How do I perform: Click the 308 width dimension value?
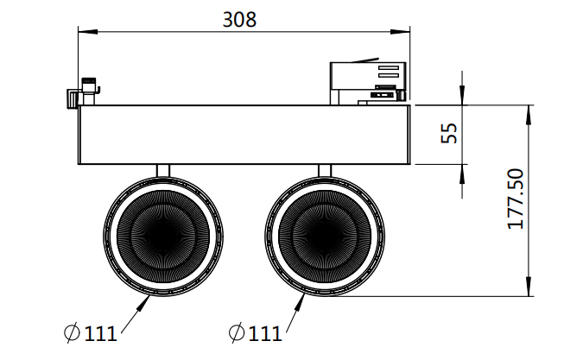click(x=239, y=20)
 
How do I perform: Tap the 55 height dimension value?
click(x=449, y=133)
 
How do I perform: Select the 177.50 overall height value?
click(x=516, y=199)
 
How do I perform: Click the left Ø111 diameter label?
click(x=91, y=333)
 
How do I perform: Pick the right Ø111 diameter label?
click(x=255, y=333)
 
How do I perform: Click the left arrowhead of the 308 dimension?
click(x=88, y=32)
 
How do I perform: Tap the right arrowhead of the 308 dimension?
click(x=401, y=32)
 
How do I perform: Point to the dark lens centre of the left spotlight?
click(x=163, y=237)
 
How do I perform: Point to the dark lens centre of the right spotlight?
click(x=325, y=237)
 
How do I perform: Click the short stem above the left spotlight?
click(x=163, y=171)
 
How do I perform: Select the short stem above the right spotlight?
click(x=325, y=171)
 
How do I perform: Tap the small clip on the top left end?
click(x=83, y=92)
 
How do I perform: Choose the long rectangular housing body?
click(x=244, y=135)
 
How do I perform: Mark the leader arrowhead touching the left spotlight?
click(x=144, y=303)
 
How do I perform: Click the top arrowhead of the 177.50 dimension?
click(x=529, y=115)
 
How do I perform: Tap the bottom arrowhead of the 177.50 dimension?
click(x=529, y=287)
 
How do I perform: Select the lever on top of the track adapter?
click(x=365, y=60)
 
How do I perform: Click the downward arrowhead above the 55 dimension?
click(x=462, y=96)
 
